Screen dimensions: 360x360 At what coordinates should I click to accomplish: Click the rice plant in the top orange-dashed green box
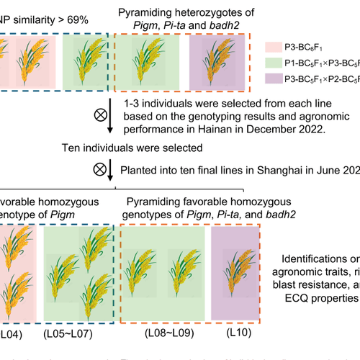(x=147, y=61)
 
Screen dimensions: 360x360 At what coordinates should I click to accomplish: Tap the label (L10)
(x=225, y=335)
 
